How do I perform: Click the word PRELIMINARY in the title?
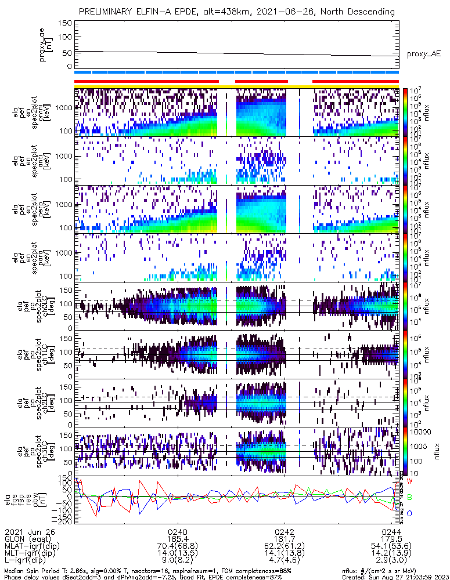point(108,12)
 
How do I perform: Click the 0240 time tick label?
point(177,532)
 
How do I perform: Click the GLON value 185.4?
point(177,539)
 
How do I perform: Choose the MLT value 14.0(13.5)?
point(177,554)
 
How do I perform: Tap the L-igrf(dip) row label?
point(27,562)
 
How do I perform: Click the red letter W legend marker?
point(409,481)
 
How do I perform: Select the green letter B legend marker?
point(409,498)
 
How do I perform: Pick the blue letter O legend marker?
point(409,514)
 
